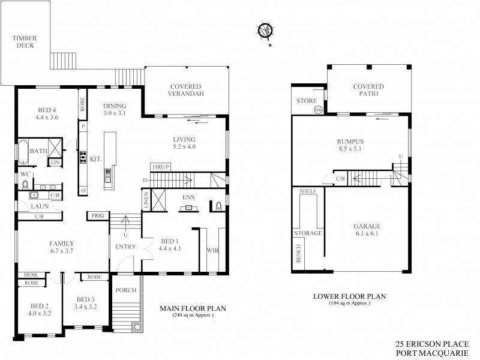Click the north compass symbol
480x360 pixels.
pyautogui.click(x=264, y=31)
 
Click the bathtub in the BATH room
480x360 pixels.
pyautogui.click(x=22, y=152)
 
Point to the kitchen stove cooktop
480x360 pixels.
pyautogui.click(x=83, y=158)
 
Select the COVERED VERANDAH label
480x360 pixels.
pyautogui.click(x=185, y=91)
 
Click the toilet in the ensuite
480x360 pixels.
pyautogui.click(x=218, y=207)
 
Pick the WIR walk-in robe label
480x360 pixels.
pyautogui.click(x=212, y=249)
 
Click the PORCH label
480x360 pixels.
pyautogui.click(x=126, y=290)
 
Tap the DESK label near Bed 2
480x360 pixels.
pyautogui.click(x=31, y=274)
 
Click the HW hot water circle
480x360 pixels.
pyautogui.click(x=319, y=110)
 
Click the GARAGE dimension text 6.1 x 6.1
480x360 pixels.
pyautogui.click(x=367, y=234)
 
